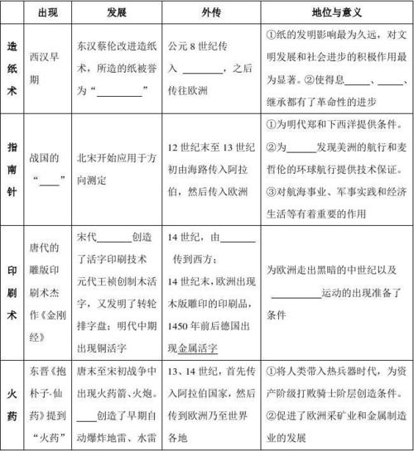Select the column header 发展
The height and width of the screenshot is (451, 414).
coord(116,14)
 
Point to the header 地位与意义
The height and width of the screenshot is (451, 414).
coord(337,14)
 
